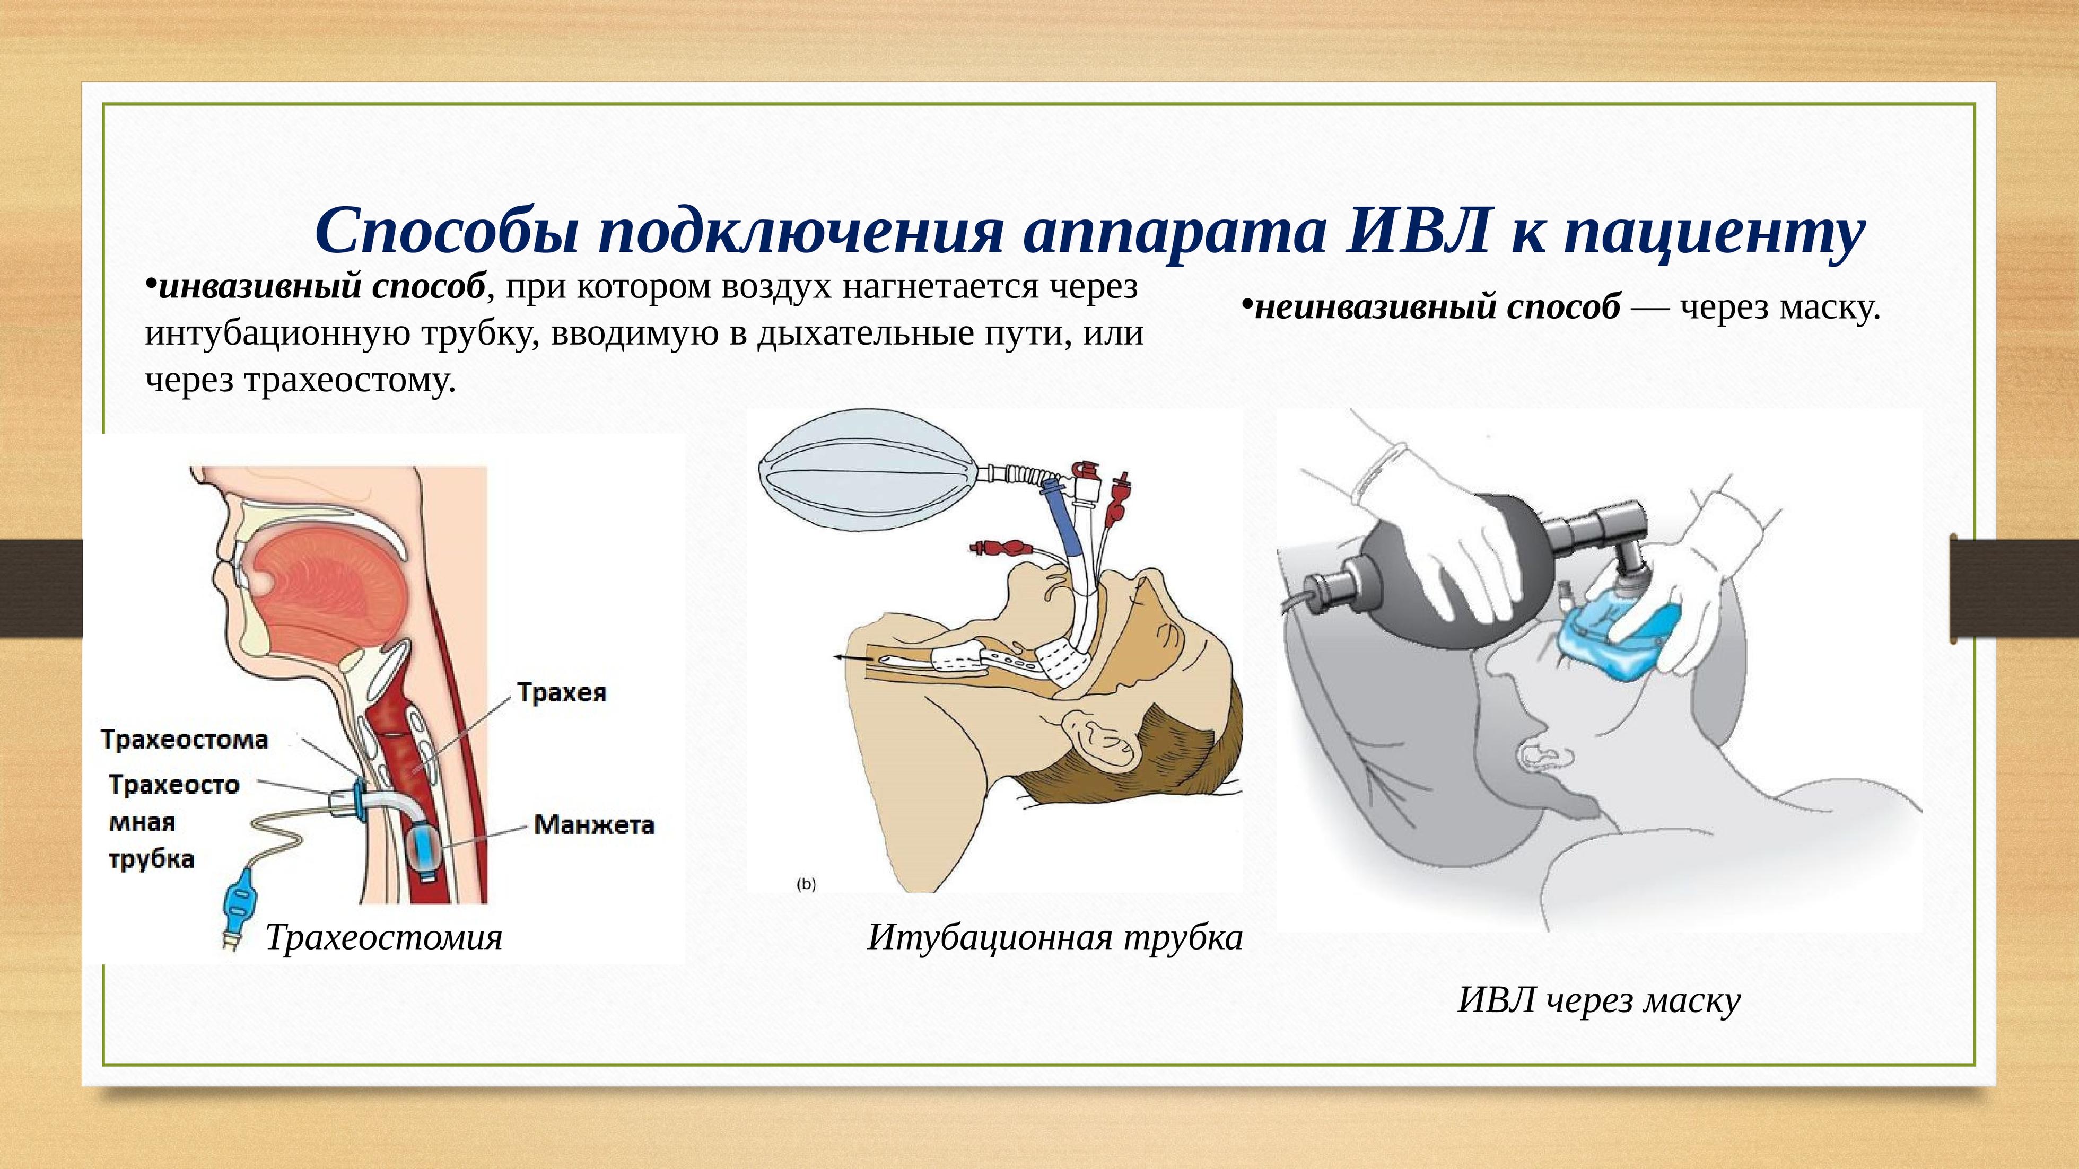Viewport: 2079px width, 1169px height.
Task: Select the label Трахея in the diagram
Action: pyautogui.click(x=562, y=693)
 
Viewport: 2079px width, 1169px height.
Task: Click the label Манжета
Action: pyautogui.click(x=594, y=824)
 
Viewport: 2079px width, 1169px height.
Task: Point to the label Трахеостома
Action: pyautogui.click(x=185, y=739)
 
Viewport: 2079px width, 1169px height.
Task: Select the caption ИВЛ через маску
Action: pyautogui.click(x=1600, y=1001)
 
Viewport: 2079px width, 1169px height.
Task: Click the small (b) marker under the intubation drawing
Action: pyautogui.click(x=806, y=884)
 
